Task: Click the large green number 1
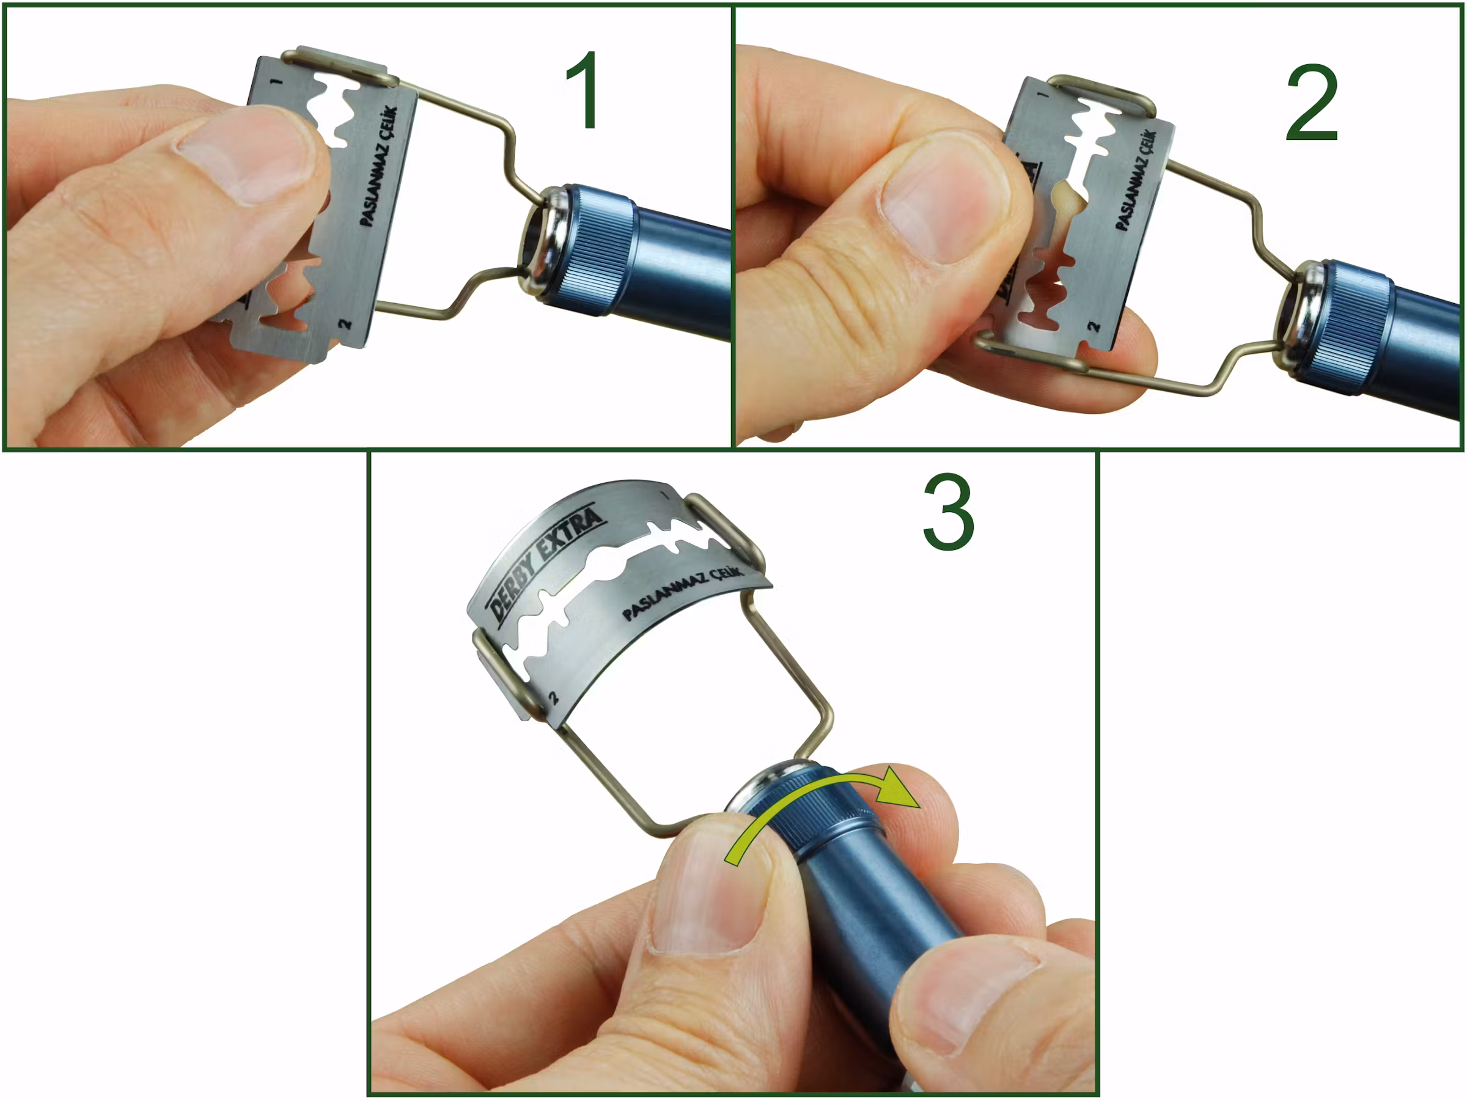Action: coord(584,90)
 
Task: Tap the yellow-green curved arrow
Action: coord(822,810)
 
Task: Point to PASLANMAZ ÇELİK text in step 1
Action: coord(378,166)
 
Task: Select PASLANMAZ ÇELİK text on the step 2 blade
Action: coord(1136,180)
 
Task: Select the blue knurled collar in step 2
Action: coord(1353,328)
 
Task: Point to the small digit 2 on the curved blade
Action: coord(554,697)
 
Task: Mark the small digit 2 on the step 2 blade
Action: coord(1093,327)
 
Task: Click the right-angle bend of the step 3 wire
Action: coord(828,721)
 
